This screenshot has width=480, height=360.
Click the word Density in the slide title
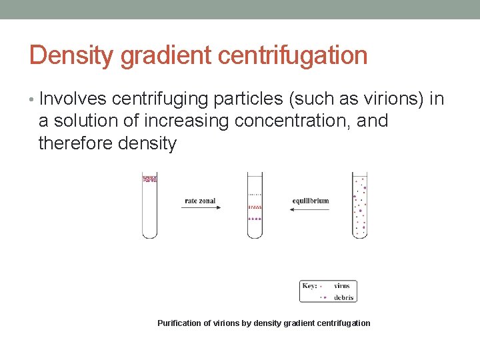tap(72, 55)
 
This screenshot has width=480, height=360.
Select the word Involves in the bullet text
tap(73, 99)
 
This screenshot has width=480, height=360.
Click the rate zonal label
tap(200, 201)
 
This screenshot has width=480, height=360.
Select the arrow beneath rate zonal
tap(200, 209)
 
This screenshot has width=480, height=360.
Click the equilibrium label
tap(311, 201)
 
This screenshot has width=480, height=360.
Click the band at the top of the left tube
tap(150, 179)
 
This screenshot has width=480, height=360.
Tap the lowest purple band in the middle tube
tap(255, 219)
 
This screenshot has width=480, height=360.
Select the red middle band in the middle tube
tap(255, 207)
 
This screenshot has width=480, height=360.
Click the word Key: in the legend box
tap(309, 286)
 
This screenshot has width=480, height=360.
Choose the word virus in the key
tap(341, 286)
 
